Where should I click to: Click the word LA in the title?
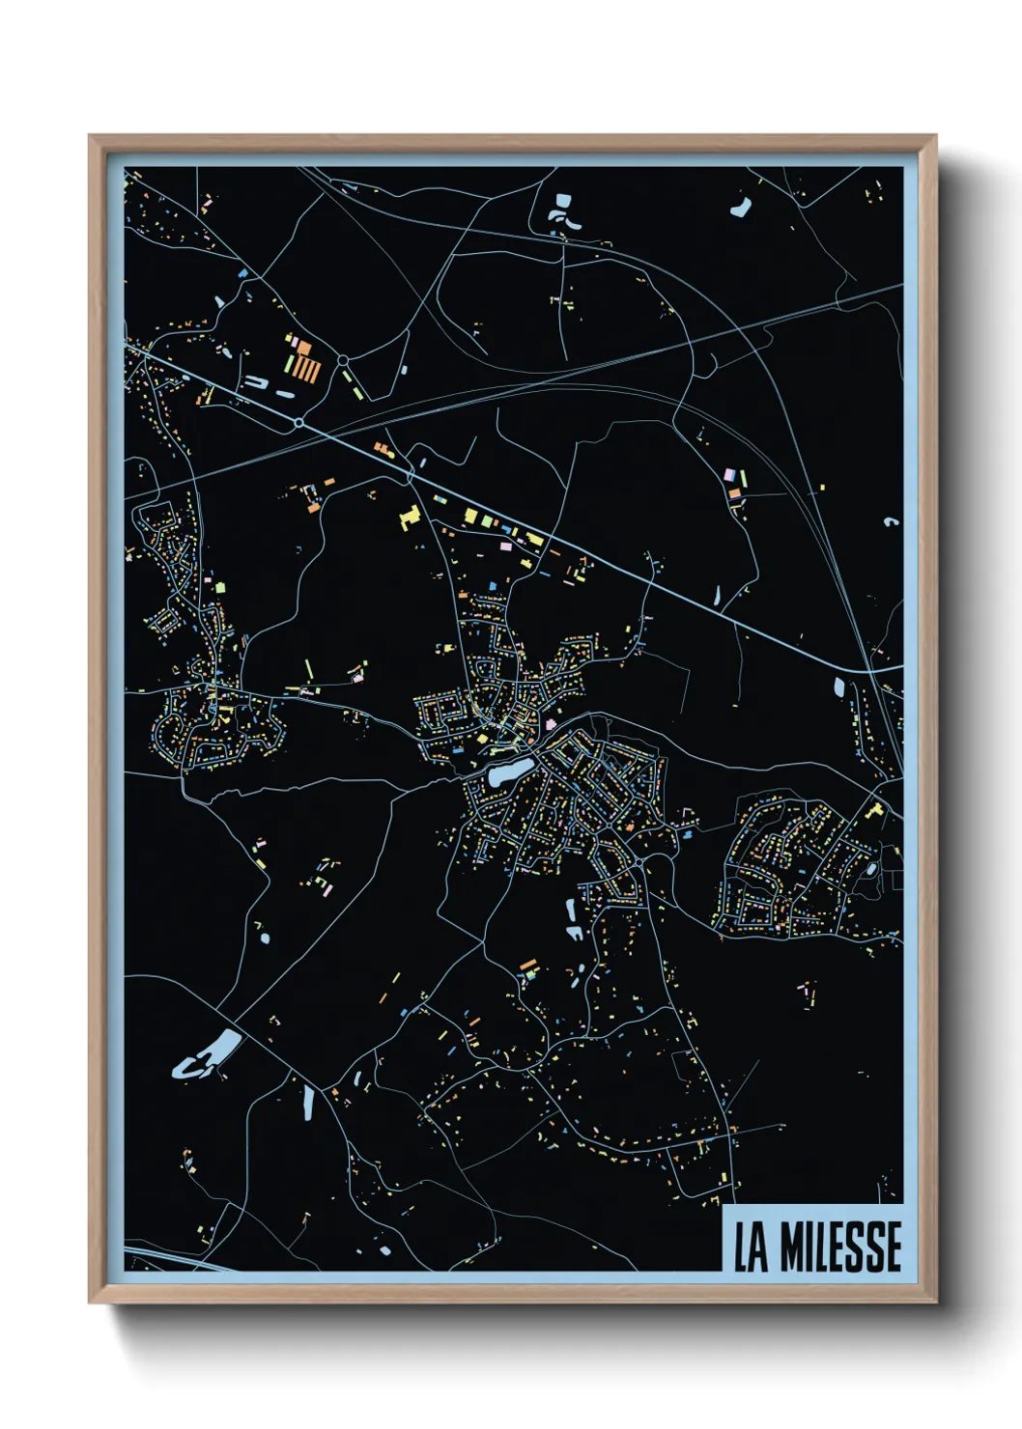pyautogui.click(x=750, y=1247)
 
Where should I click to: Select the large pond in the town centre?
pyautogui.click(x=508, y=772)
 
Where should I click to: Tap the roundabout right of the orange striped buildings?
pyautogui.click(x=344, y=360)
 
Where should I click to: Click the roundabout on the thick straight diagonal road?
pyautogui.click(x=299, y=422)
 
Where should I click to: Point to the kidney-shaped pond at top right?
pyautogui.click(x=742, y=207)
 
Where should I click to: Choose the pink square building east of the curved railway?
pyautogui.click(x=730, y=475)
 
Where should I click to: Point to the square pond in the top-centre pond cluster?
pyautogui.click(x=562, y=202)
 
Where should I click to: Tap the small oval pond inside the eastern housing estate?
pyautogui.click(x=872, y=868)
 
